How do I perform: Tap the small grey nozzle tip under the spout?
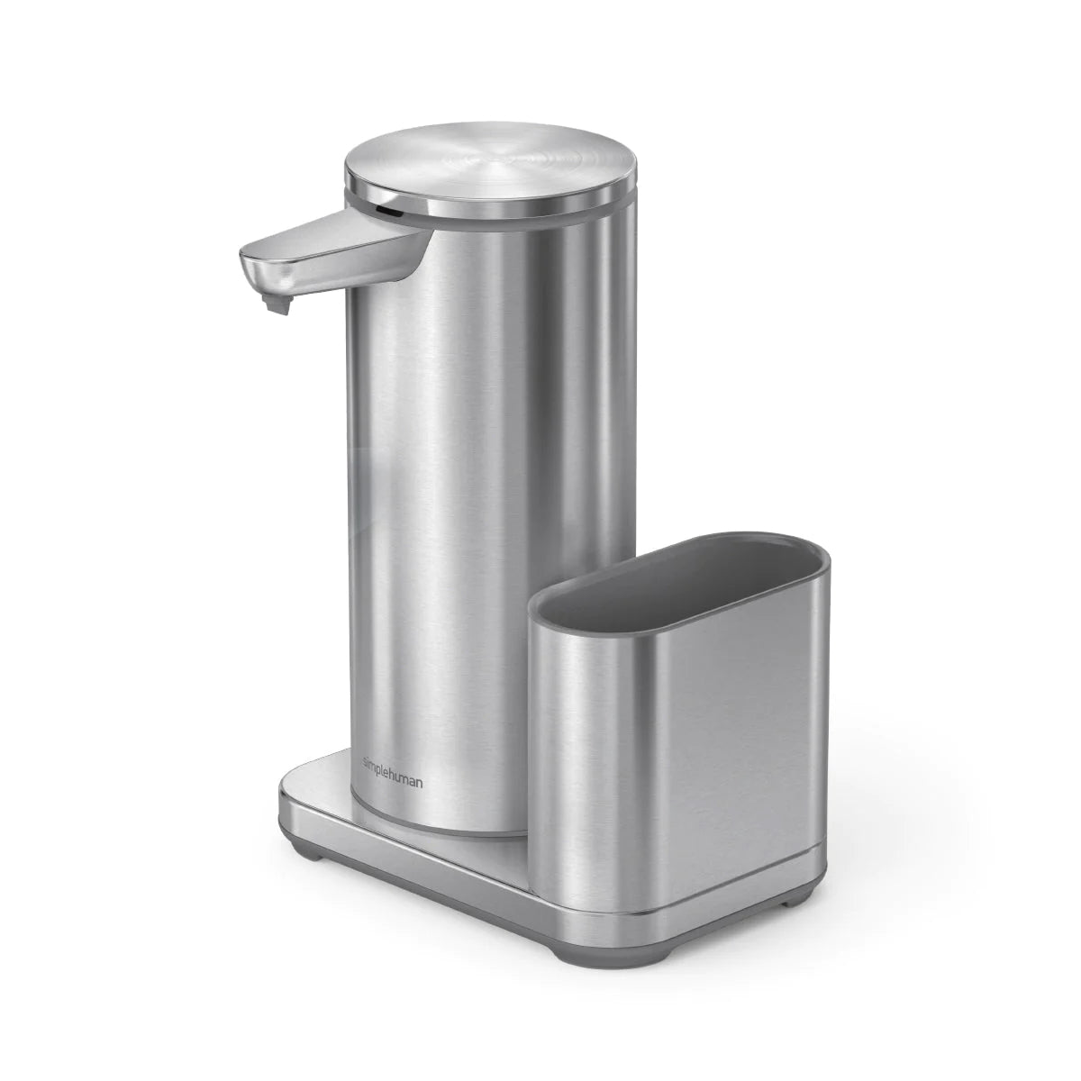281,305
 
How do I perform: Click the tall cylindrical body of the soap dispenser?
486,495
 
